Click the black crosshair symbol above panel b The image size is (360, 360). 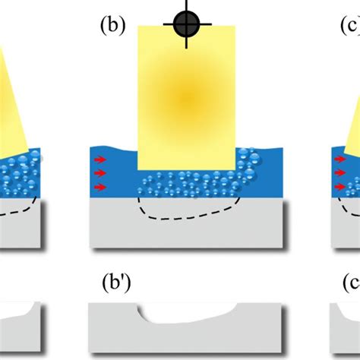185,25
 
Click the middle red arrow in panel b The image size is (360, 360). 99,174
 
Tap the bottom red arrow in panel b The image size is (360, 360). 99,186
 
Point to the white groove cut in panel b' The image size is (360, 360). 190,313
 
